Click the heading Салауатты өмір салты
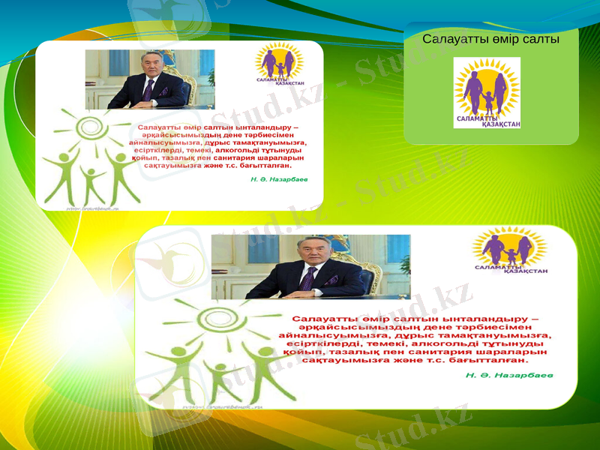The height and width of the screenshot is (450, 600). click(x=490, y=39)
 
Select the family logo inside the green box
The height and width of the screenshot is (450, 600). click(x=487, y=92)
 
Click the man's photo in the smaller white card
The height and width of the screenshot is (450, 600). click(x=149, y=79)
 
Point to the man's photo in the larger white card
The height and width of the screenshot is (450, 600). click(x=310, y=266)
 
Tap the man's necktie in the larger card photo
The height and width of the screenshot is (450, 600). click(x=307, y=278)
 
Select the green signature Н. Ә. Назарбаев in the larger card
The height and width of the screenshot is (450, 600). click(x=509, y=373)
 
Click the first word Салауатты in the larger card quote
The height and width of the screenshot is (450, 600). click(x=327, y=319)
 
